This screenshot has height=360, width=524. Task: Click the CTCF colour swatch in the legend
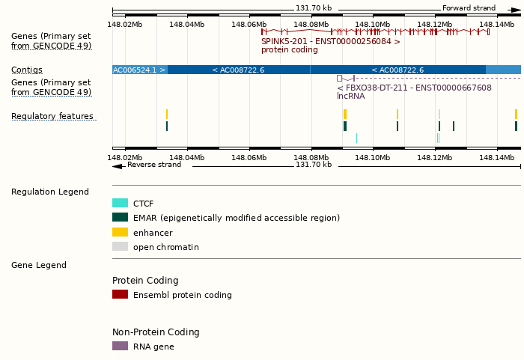tap(120, 203)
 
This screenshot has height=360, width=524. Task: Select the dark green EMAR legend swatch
tap(120, 217)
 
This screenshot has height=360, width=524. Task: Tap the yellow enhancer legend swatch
tap(120, 232)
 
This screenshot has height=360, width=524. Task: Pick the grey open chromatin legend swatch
tap(120, 246)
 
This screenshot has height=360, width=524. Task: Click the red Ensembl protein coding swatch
tap(120, 294)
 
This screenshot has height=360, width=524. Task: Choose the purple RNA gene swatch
tap(120, 346)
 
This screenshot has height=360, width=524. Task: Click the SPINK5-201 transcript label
tap(330, 42)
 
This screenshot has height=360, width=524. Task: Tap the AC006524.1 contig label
tap(138, 70)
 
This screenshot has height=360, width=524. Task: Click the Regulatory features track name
tap(52, 116)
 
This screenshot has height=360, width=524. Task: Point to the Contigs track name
tap(27, 70)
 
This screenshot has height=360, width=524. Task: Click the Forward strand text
tap(469, 8)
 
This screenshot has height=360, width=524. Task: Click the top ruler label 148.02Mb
tap(124, 24)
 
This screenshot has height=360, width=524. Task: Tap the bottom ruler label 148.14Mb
tap(496, 157)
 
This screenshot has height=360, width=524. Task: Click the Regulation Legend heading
tap(50, 192)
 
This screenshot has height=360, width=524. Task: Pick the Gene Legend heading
tap(39, 265)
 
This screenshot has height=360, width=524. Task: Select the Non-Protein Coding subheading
tap(156, 332)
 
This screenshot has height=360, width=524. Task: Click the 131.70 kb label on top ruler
tap(314, 8)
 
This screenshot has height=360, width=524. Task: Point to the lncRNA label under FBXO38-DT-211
tap(351, 96)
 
